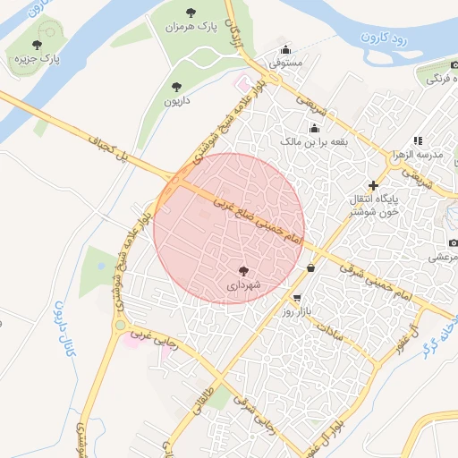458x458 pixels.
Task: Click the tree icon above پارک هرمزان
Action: tap(191, 12)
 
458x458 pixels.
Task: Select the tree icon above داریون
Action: tap(175, 87)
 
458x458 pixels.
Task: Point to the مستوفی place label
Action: tap(286, 64)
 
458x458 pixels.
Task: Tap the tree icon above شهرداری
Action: tap(243, 270)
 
